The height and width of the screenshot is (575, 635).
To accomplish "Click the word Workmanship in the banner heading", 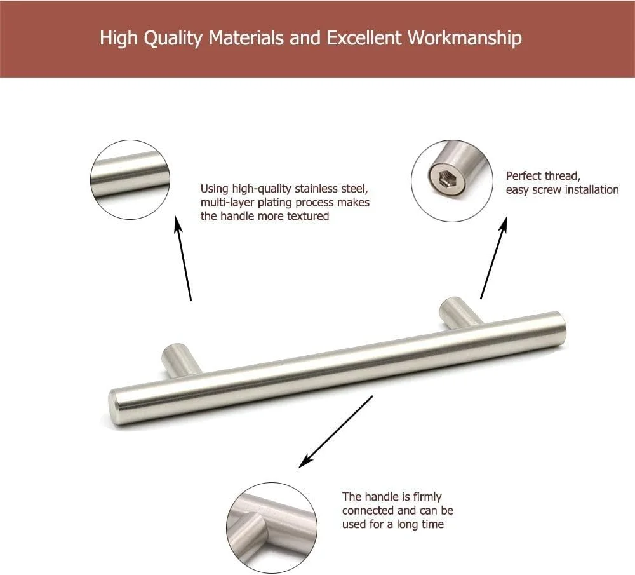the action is [465, 38].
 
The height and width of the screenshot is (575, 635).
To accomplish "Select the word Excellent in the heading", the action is [364, 37].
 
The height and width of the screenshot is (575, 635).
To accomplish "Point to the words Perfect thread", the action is [543, 176].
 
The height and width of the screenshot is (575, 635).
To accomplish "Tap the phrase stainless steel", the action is [331, 189].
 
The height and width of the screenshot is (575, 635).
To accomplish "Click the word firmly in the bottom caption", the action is [427, 497].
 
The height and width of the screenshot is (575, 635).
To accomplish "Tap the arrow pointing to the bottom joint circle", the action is [335, 432].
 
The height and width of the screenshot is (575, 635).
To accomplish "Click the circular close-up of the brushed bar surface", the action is [130, 180].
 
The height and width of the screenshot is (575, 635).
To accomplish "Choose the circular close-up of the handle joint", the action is [272, 528].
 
